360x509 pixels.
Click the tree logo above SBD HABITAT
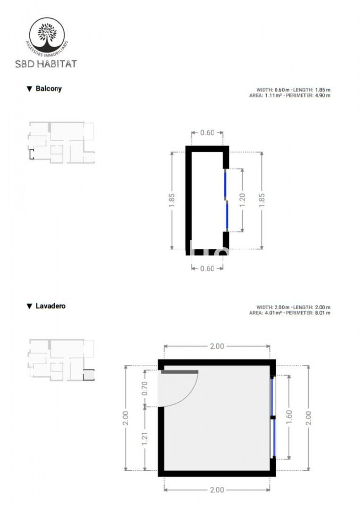click(x=47, y=36)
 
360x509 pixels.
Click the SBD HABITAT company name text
click(x=46, y=64)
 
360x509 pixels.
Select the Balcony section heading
click(x=49, y=88)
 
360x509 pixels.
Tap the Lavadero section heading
click(x=50, y=306)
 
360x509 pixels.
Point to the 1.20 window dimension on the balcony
click(x=242, y=200)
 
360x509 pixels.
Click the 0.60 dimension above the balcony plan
click(x=207, y=132)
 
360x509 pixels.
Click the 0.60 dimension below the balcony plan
click(x=207, y=269)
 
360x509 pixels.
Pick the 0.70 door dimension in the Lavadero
click(x=145, y=388)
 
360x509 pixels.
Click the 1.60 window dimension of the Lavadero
click(x=289, y=417)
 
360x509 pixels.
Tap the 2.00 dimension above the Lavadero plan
click(x=217, y=346)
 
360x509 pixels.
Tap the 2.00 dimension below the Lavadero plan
click(x=217, y=490)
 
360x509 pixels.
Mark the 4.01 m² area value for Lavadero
click(x=273, y=313)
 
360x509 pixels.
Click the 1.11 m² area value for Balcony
click(x=273, y=95)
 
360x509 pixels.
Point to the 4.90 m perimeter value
click(x=323, y=95)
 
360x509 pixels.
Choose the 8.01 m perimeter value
click(x=323, y=313)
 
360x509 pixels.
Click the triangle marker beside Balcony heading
click(x=29, y=89)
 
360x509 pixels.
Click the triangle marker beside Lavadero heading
click(x=29, y=306)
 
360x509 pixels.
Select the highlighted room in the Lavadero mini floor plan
click(x=89, y=375)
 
